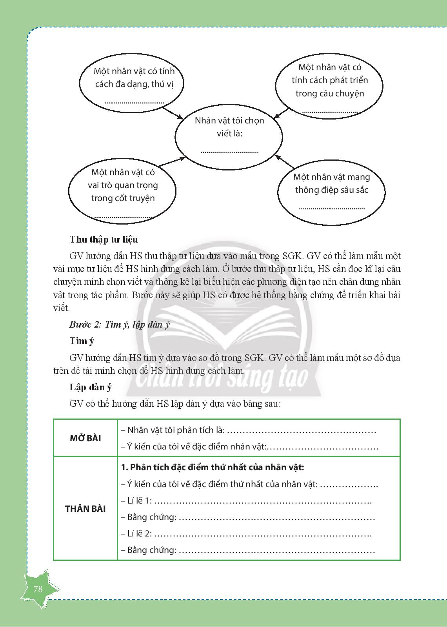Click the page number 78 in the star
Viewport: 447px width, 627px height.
(38, 589)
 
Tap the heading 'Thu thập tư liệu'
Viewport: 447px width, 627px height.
(104, 239)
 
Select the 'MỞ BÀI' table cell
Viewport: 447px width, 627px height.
(85, 438)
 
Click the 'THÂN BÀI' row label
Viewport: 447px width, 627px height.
(85, 509)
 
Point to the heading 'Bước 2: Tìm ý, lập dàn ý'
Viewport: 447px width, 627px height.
(119, 324)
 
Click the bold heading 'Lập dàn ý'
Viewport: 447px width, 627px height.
(91, 387)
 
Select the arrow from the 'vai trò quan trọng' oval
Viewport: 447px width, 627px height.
(172, 161)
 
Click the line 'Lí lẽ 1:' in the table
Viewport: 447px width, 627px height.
(247, 501)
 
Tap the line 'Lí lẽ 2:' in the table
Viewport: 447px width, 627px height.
(247, 534)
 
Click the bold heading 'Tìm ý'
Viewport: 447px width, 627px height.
(82, 341)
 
